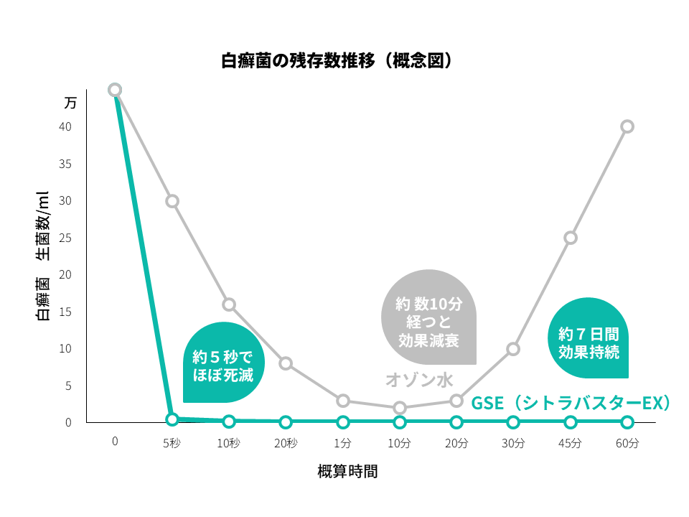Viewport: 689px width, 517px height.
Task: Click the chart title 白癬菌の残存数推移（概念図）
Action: coord(337,60)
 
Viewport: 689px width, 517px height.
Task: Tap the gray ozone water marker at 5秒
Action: coord(172,201)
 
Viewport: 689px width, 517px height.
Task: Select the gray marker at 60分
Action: coord(627,126)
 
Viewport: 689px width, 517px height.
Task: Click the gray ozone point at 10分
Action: coord(400,408)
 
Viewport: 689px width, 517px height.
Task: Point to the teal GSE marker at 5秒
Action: coord(172,419)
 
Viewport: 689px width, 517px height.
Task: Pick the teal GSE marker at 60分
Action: coord(627,421)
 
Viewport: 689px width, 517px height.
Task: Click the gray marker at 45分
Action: coord(571,238)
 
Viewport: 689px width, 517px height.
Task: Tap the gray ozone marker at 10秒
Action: coord(229,304)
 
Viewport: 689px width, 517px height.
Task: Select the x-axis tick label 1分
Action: coord(343,443)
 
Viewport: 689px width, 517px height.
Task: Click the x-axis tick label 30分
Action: coord(513,443)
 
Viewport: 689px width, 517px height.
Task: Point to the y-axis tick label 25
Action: coord(65,238)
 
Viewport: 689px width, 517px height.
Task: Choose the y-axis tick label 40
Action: coord(65,126)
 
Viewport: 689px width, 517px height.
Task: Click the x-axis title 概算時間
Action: coord(347,472)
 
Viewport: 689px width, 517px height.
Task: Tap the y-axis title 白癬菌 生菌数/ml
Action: coord(43,256)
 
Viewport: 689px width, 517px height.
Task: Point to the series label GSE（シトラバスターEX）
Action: coord(571,404)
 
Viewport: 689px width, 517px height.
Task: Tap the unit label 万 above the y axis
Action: coord(70,103)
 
